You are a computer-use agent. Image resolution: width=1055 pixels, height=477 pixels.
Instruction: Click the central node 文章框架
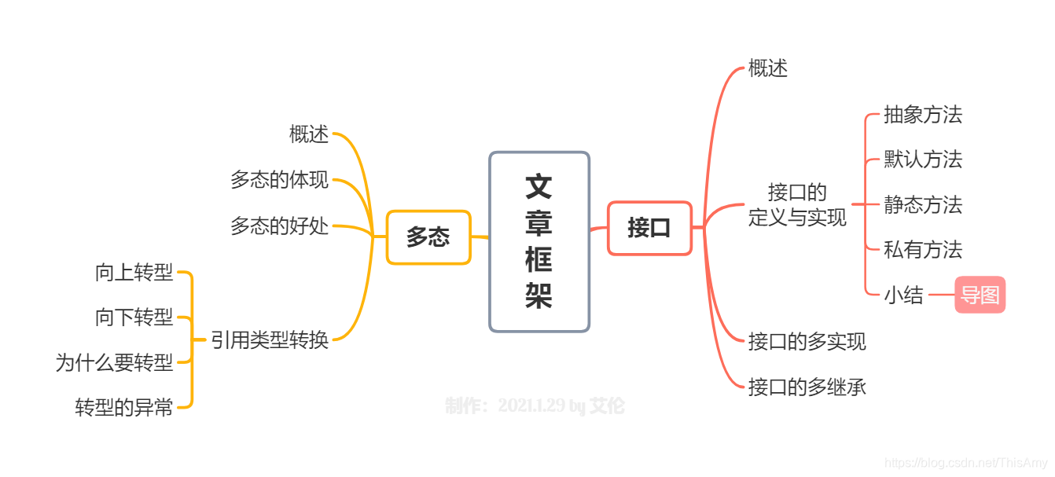pyautogui.click(x=539, y=241)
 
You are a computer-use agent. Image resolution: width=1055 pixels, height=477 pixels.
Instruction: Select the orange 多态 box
pyautogui.click(x=428, y=237)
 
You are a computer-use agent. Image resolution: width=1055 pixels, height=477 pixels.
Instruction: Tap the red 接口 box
pyautogui.click(x=649, y=228)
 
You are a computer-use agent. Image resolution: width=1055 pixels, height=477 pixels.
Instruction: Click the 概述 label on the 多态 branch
pyautogui.click(x=309, y=134)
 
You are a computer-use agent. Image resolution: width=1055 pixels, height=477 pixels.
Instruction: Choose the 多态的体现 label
pyautogui.click(x=279, y=180)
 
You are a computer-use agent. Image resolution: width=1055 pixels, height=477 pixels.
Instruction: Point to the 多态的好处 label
pyautogui.click(x=279, y=226)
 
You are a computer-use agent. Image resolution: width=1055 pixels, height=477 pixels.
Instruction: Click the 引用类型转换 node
pyautogui.click(x=270, y=340)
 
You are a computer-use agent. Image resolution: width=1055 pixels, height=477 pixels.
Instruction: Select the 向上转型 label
pyautogui.click(x=134, y=273)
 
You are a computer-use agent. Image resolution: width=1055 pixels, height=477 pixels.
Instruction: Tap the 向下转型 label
pyautogui.click(x=134, y=317)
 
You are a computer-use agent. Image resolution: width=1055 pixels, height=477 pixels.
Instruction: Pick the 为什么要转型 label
pyautogui.click(x=114, y=362)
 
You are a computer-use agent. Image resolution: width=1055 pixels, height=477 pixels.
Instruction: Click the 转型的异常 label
pyautogui.click(x=124, y=407)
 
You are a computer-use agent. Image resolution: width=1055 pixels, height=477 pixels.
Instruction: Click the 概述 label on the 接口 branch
pyautogui.click(x=768, y=68)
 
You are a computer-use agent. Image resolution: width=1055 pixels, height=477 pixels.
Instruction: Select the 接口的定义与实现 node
pyautogui.click(x=797, y=205)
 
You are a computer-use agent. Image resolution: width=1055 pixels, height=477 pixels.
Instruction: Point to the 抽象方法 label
pyautogui.click(x=923, y=115)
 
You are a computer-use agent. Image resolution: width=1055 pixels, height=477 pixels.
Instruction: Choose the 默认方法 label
pyautogui.click(x=923, y=160)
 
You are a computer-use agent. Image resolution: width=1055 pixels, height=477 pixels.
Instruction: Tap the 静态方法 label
pyautogui.click(x=923, y=205)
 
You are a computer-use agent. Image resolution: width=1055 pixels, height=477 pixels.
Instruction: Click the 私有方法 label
pyautogui.click(x=923, y=250)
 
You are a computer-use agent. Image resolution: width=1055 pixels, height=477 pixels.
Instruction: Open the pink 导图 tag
pyautogui.click(x=980, y=295)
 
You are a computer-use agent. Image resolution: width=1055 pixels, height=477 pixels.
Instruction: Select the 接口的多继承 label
pyautogui.click(x=807, y=387)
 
